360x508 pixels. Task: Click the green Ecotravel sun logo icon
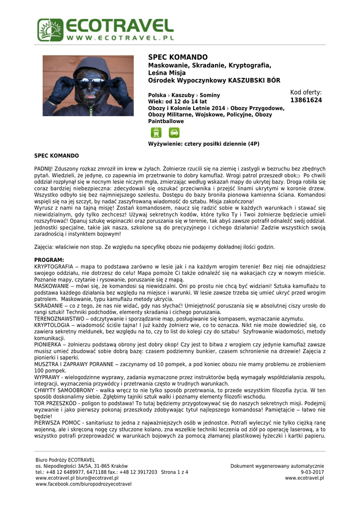click(x=50, y=30)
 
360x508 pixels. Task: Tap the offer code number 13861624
click(x=306, y=100)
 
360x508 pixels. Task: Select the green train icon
click(x=156, y=132)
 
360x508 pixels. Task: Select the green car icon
click(x=174, y=132)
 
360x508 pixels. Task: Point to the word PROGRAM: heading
click(x=49, y=260)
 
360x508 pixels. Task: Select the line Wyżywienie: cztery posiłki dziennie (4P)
click(x=204, y=144)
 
